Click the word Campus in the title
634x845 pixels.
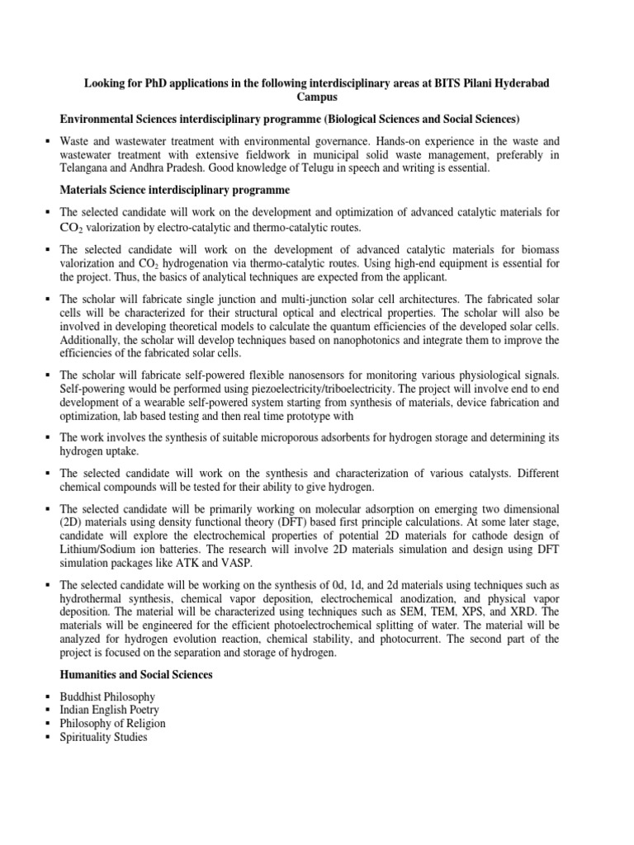coord(317,97)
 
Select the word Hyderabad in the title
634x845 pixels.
coord(514,84)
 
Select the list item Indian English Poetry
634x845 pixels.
coord(110,710)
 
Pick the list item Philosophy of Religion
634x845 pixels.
coord(113,724)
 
